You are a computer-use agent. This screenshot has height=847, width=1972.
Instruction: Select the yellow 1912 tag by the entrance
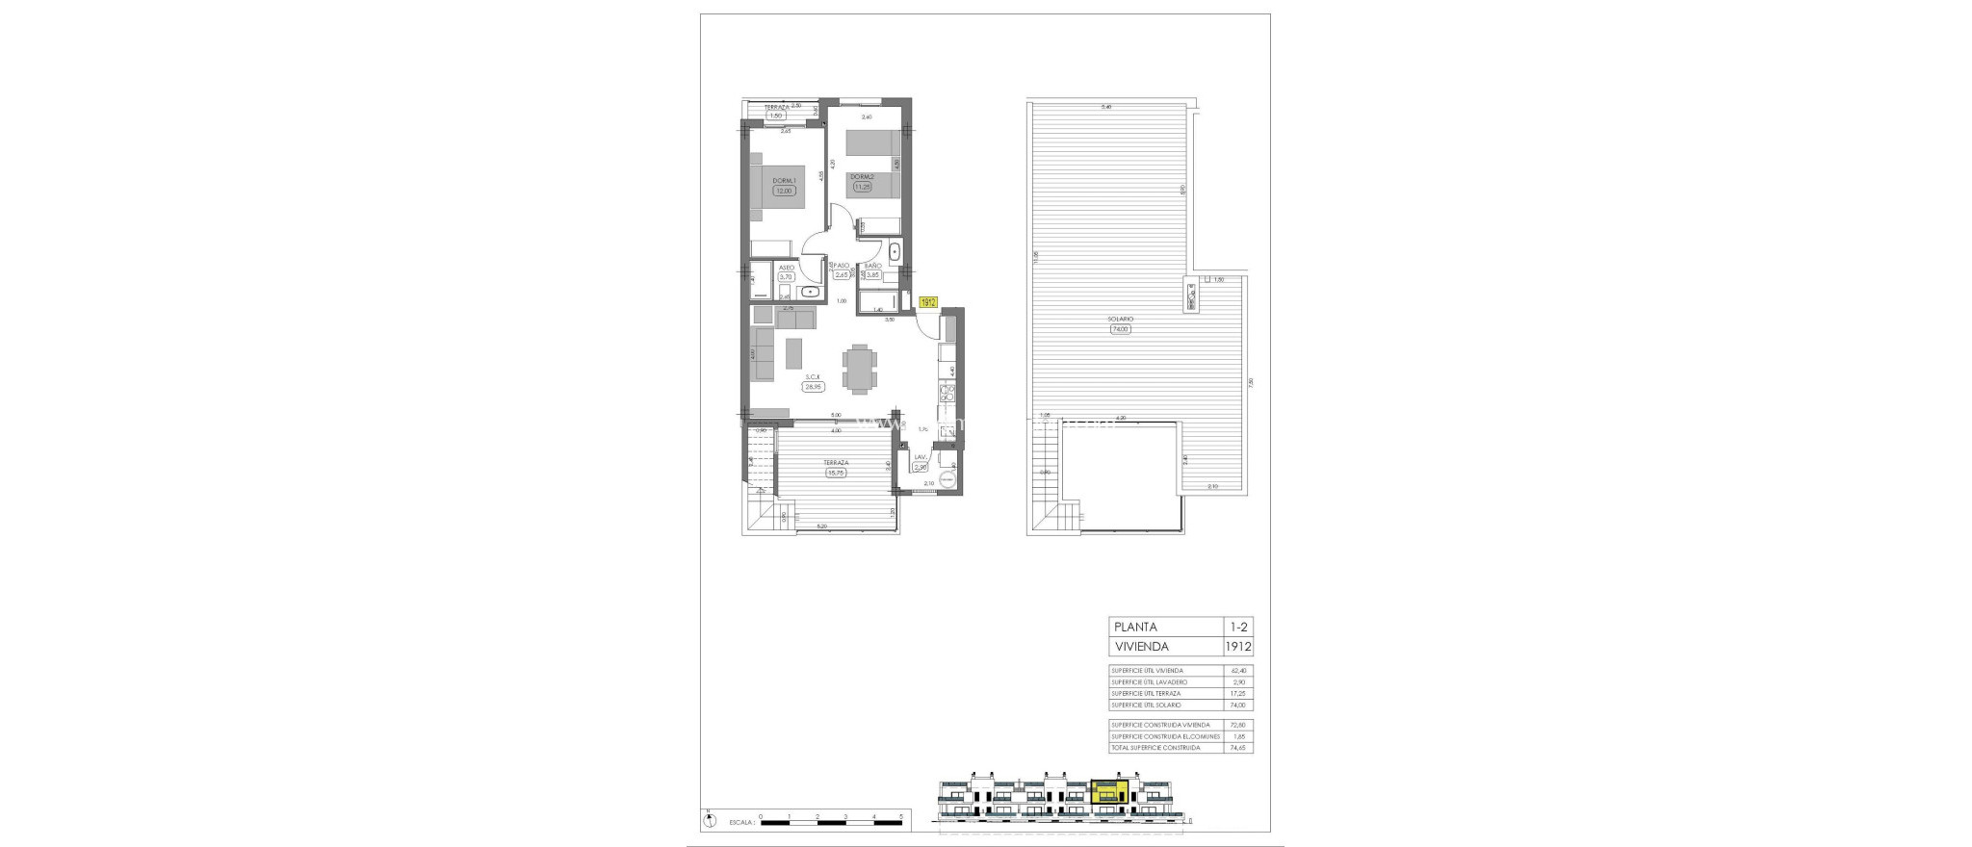(928, 302)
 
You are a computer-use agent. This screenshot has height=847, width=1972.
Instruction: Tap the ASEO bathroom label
(787, 267)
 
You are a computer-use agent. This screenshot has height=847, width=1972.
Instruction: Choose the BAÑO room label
(872, 266)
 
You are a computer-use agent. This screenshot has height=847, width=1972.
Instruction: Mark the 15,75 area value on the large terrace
(835, 473)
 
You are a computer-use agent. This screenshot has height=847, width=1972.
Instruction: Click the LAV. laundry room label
(920, 457)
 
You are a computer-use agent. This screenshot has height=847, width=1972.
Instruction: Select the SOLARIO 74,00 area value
(1120, 329)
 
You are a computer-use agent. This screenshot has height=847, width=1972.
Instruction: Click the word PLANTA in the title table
(1136, 627)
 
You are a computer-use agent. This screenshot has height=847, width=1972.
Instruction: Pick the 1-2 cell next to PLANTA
(1238, 627)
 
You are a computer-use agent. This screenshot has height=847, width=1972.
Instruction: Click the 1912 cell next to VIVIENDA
(1238, 647)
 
